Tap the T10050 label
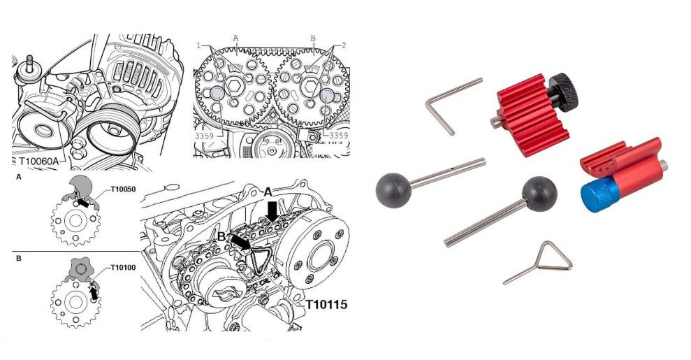(123, 189)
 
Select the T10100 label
(123, 268)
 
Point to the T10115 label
(326, 305)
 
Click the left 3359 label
(205, 136)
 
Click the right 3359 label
(338, 136)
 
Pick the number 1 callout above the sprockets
(198, 45)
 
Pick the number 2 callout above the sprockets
(344, 45)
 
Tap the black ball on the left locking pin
(393, 190)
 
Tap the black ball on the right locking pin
(539, 194)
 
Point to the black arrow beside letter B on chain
(240, 241)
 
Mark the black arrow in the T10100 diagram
(93, 293)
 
